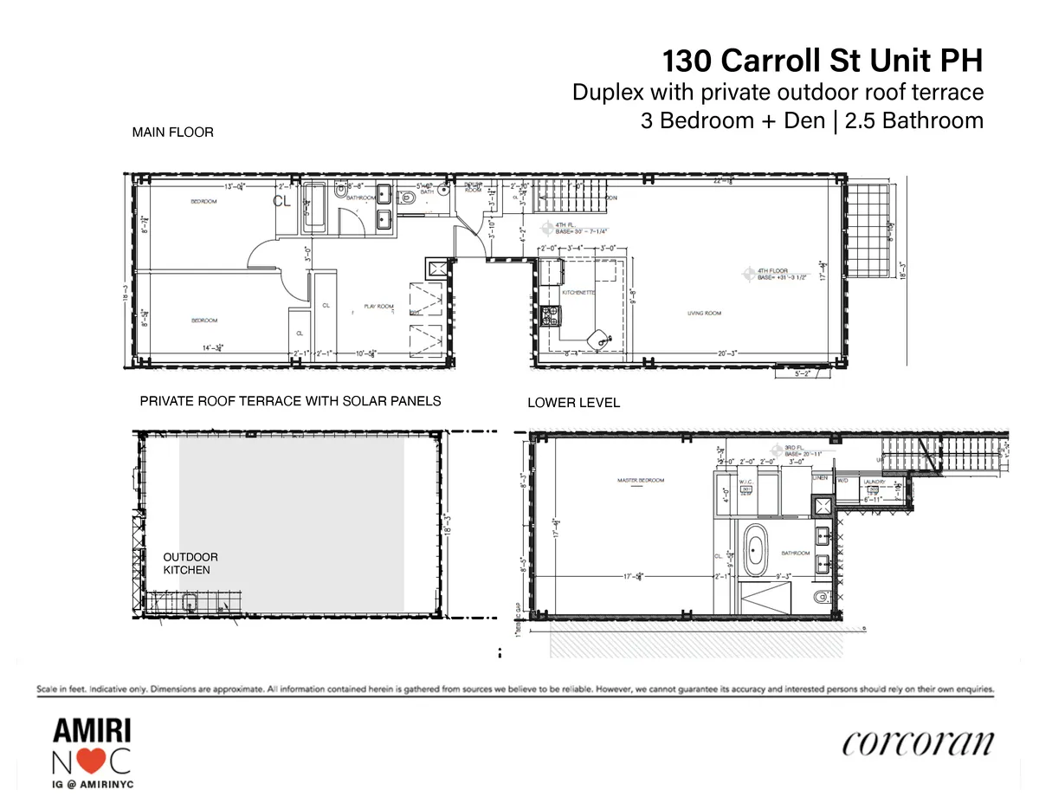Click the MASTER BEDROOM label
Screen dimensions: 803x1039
tap(640, 480)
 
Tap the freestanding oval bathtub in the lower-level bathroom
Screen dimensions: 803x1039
tap(757, 551)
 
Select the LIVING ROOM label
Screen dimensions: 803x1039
tap(705, 314)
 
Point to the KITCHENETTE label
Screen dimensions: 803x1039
tap(578, 292)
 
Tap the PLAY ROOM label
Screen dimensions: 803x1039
tap(378, 307)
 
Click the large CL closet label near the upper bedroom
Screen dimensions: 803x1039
tap(281, 201)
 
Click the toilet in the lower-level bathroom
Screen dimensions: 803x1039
tap(821, 597)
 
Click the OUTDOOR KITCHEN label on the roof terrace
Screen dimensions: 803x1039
tap(190, 564)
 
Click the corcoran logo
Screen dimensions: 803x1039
tap(917, 744)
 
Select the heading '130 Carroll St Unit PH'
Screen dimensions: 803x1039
tap(823, 62)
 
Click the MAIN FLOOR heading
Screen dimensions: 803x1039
tap(172, 133)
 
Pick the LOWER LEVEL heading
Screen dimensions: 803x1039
tap(573, 403)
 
